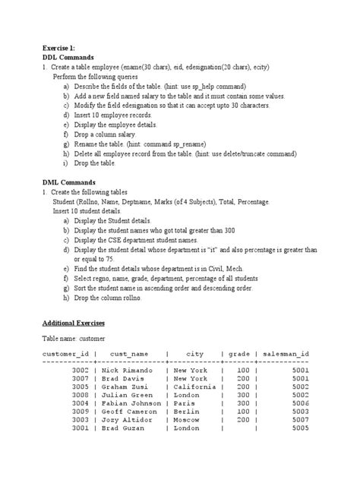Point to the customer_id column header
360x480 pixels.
pos(66,354)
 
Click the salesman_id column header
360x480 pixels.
pos(285,354)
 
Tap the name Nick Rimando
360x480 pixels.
pos(130,370)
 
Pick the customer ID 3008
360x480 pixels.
pos(80,395)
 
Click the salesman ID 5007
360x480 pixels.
pos(299,419)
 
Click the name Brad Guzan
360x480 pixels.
pos(126,428)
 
